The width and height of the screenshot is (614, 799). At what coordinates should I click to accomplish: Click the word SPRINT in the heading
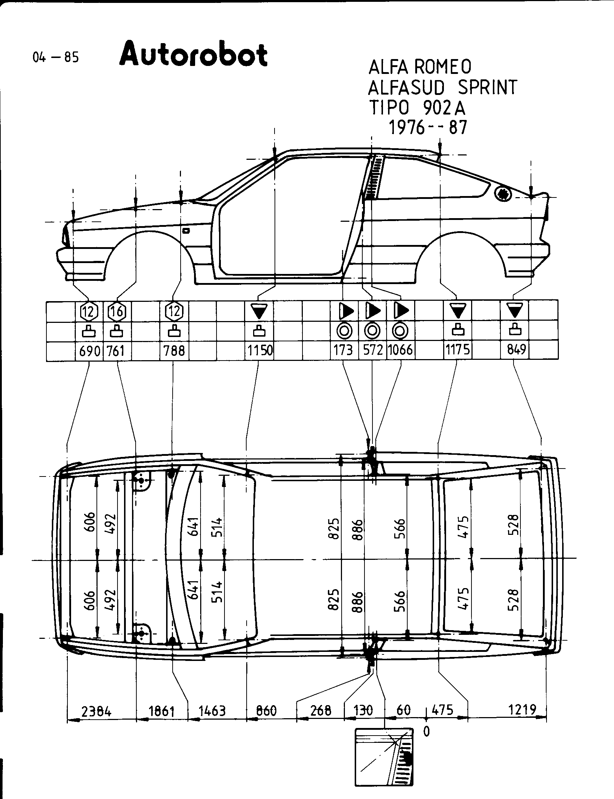[487, 87]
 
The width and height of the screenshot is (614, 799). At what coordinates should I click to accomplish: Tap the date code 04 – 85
[55, 57]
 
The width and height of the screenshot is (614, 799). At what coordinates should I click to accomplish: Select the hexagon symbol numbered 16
[117, 312]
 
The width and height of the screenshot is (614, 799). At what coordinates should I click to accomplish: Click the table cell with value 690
[90, 351]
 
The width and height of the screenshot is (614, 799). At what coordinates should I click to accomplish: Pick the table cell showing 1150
[259, 351]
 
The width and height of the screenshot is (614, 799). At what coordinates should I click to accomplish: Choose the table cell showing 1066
[400, 350]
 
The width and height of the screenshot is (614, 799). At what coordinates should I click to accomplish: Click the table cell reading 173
[343, 350]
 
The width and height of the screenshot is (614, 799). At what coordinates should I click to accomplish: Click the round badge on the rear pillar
[503, 193]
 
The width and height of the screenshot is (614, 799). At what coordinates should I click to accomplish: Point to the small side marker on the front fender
[186, 230]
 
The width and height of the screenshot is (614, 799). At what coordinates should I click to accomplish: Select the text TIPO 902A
[417, 108]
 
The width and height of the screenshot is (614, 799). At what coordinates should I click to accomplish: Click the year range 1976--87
[428, 128]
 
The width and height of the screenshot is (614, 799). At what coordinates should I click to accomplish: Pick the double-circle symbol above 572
[372, 331]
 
